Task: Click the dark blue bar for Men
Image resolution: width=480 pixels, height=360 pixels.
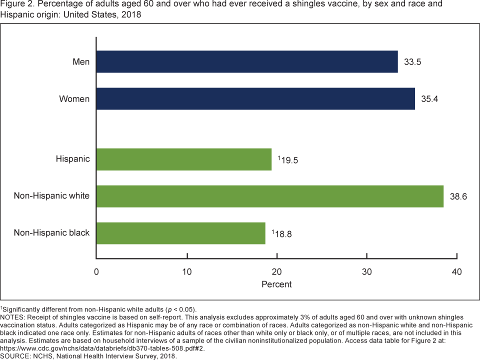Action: (247, 62)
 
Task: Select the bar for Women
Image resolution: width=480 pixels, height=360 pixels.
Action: (255, 99)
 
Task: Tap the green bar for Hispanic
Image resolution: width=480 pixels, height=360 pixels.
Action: (184, 159)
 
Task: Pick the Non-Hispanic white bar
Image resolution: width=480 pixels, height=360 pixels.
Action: (270, 196)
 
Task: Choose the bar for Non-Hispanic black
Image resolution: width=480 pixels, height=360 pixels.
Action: (180, 233)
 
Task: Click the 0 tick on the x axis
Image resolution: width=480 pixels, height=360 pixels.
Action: (96, 271)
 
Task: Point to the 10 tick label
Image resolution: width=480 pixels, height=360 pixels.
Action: (187, 271)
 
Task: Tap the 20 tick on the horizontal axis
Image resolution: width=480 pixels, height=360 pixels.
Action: (276, 271)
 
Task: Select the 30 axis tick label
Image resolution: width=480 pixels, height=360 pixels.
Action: (367, 271)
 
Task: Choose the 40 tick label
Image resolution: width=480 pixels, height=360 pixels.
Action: (456, 271)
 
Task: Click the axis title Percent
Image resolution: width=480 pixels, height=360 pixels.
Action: (276, 284)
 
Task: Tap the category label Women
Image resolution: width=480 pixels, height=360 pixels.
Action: (74, 99)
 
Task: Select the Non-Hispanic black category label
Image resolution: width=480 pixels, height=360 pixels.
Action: (51, 233)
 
